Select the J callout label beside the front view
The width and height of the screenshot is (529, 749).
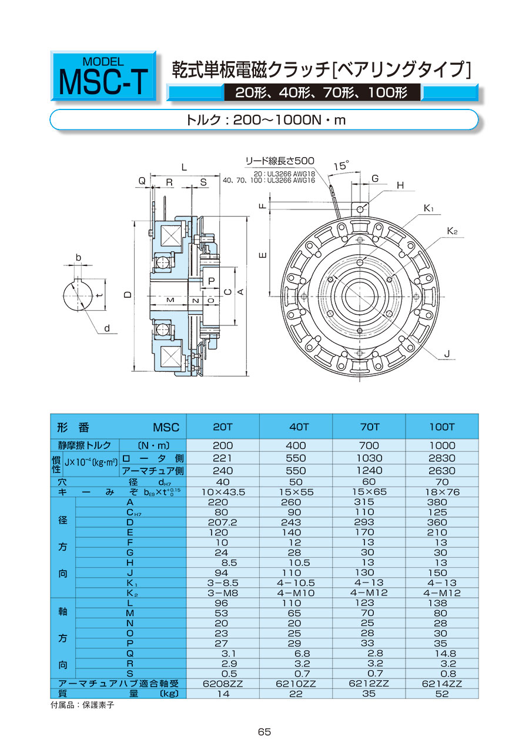click(x=447, y=354)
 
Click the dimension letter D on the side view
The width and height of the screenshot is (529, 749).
click(x=128, y=295)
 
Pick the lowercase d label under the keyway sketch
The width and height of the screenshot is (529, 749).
click(x=107, y=328)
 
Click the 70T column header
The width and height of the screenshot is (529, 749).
click(x=369, y=427)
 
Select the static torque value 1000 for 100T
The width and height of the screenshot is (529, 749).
click(x=441, y=445)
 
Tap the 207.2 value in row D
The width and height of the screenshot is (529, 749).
click(x=223, y=522)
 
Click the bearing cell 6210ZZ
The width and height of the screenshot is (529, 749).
click(x=296, y=684)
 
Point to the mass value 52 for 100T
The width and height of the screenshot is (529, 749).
click(x=441, y=694)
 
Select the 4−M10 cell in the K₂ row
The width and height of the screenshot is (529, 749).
click(x=296, y=593)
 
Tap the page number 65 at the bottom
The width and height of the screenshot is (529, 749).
click(x=264, y=732)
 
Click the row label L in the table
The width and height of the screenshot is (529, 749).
click(x=130, y=602)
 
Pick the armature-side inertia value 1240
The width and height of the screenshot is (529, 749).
click(x=369, y=470)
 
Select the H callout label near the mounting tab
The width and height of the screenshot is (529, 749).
click(x=400, y=185)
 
